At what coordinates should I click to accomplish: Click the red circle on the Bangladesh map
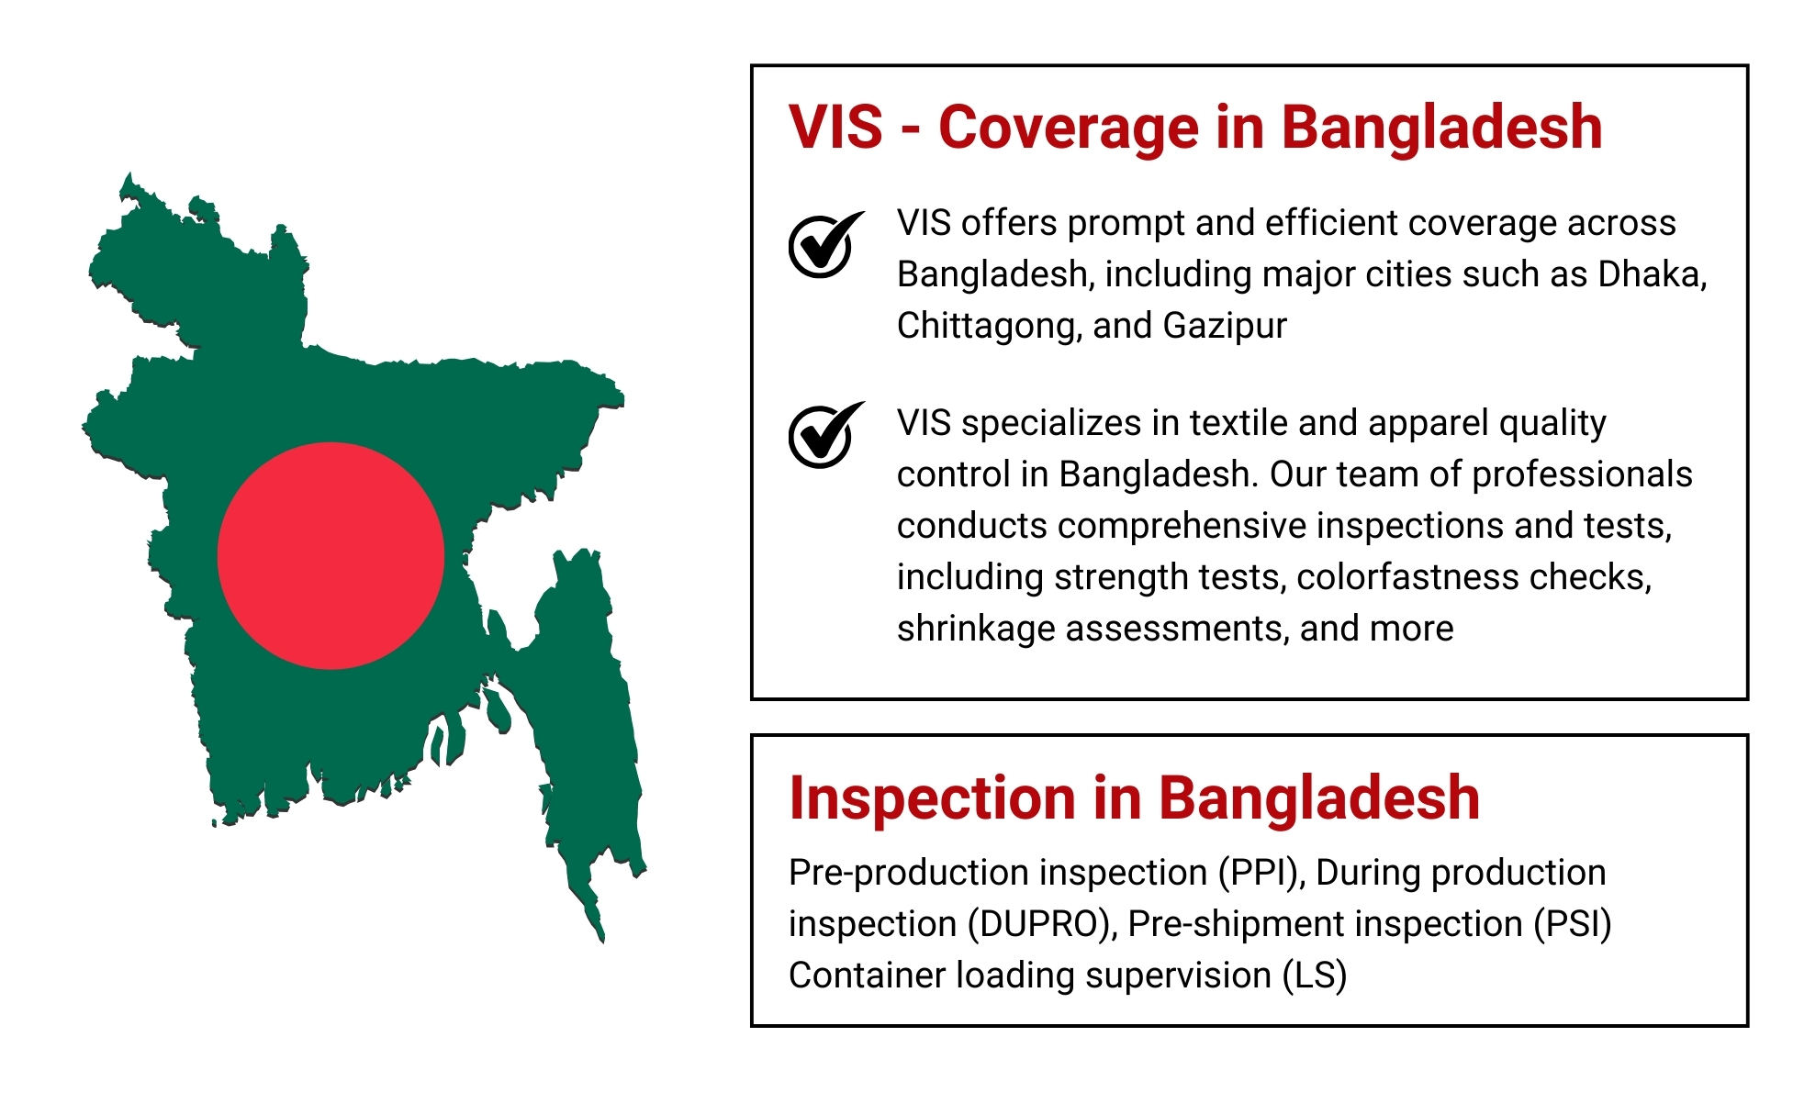click(331, 556)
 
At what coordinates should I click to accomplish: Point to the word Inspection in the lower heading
click(933, 797)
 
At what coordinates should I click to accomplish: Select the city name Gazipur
click(1225, 326)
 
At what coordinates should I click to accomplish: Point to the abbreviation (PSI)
click(1573, 924)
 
